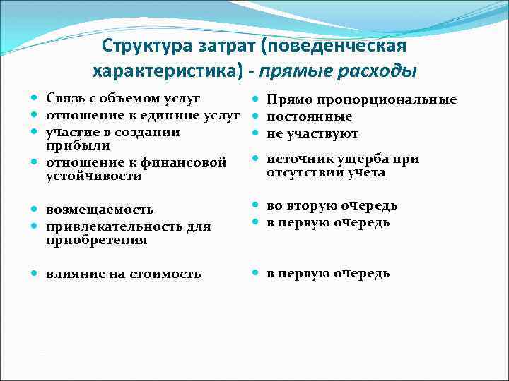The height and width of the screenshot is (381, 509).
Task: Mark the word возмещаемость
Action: [100, 210]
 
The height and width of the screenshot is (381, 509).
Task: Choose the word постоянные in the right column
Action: [309, 116]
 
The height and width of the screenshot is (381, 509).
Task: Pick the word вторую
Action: [312, 206]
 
